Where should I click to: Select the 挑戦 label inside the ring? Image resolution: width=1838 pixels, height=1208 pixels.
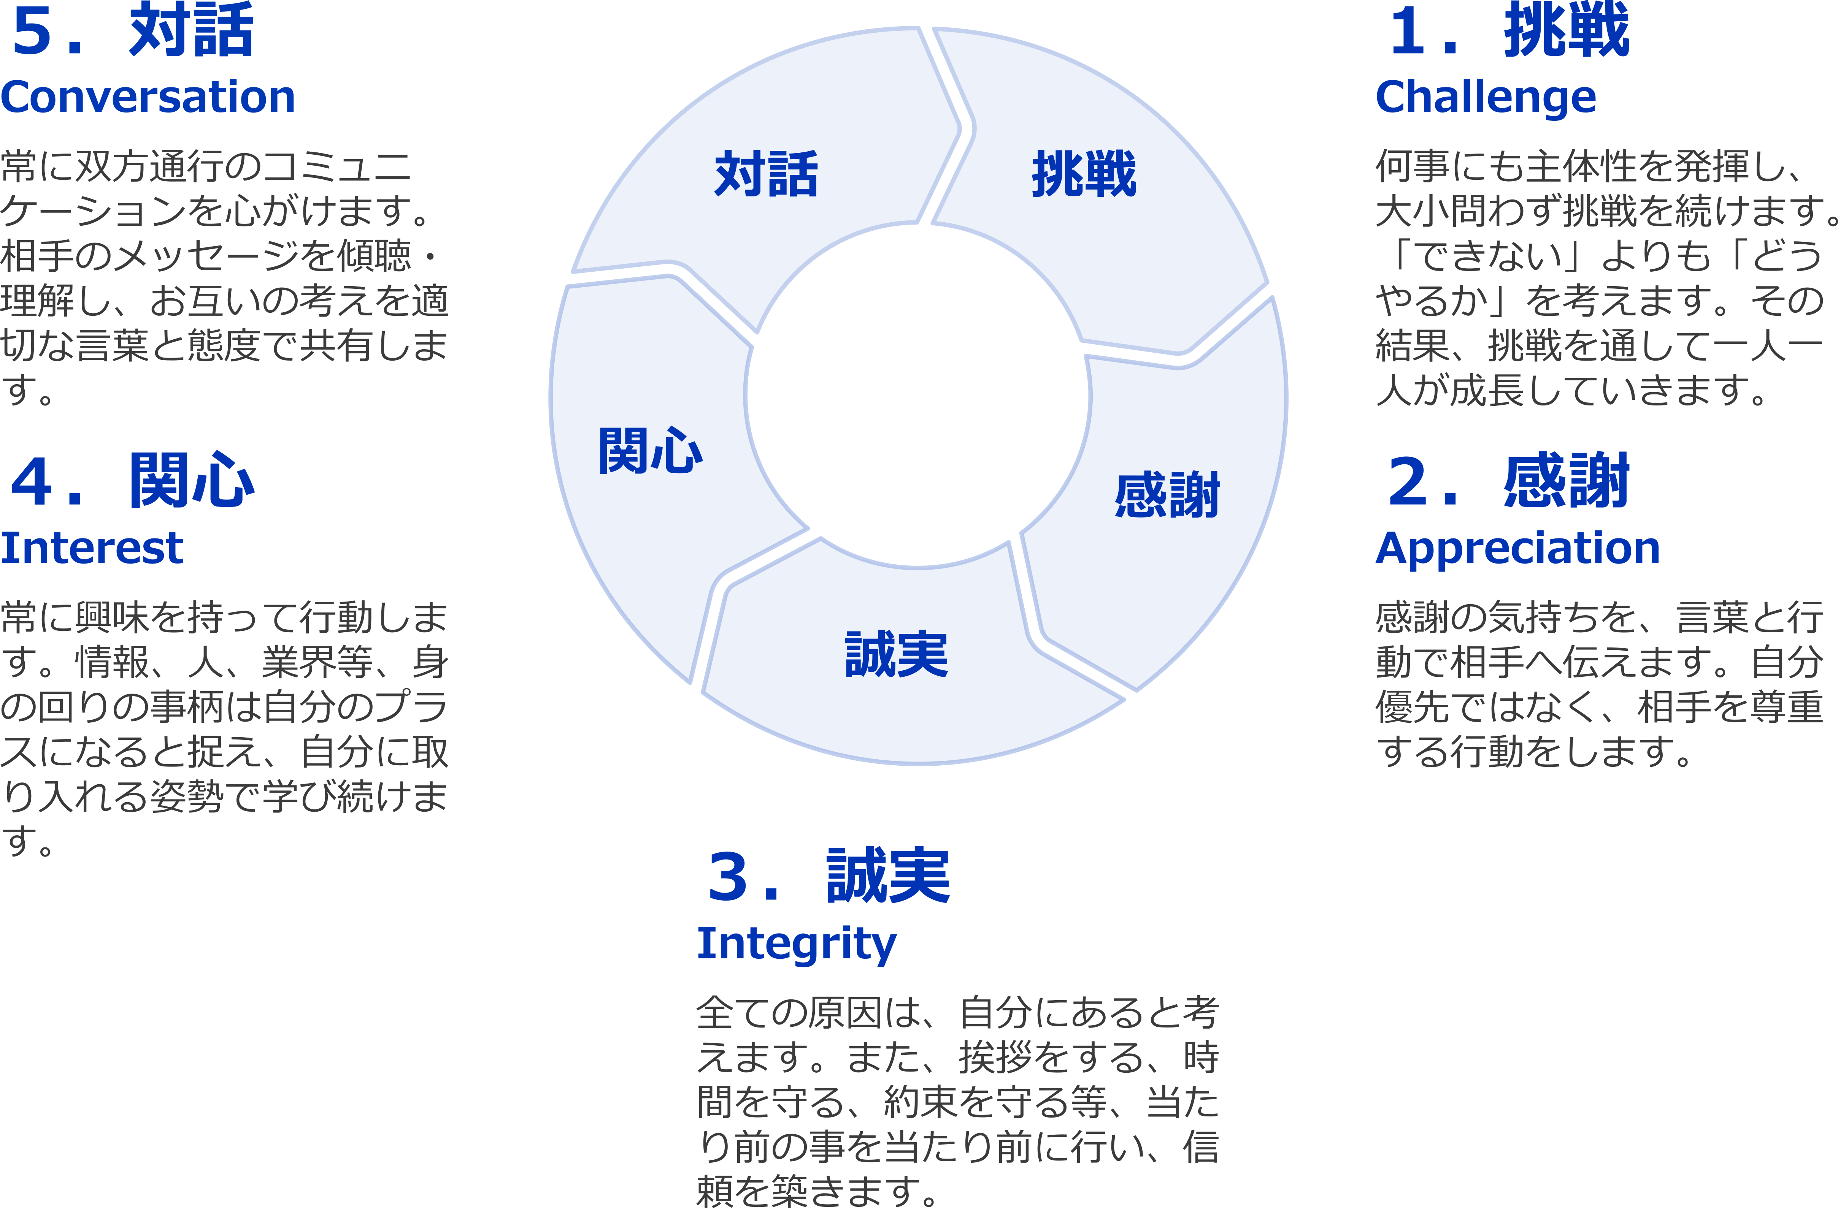(1084, 174)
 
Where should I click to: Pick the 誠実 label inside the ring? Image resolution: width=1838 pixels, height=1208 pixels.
(897, 655)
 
